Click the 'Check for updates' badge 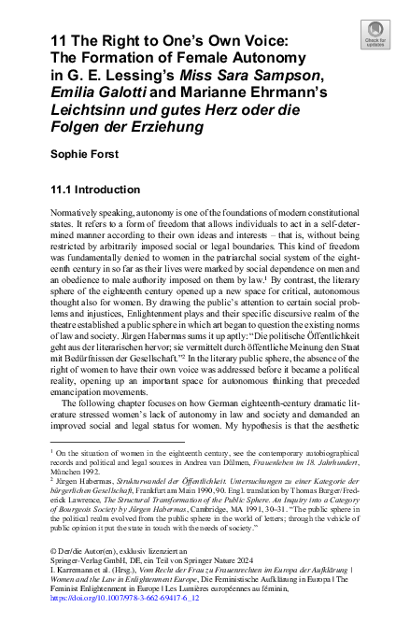coord(374,36)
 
